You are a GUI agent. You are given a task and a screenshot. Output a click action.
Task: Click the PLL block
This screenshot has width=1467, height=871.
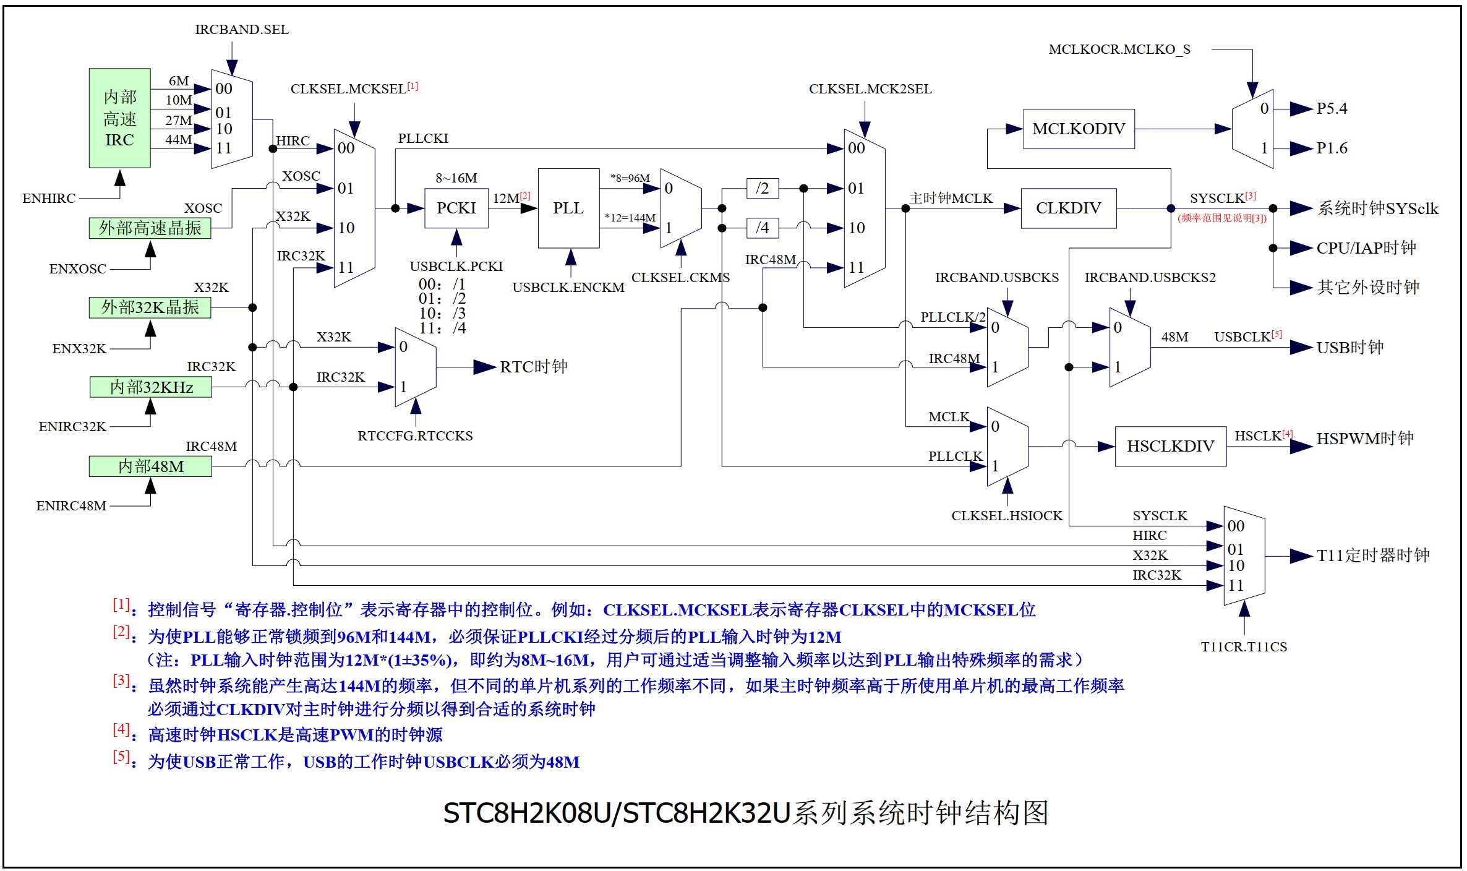point(568,208)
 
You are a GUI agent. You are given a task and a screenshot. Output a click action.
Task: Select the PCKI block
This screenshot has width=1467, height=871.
point(456,208)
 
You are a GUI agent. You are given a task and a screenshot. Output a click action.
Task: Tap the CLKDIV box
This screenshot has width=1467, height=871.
point(1068,208)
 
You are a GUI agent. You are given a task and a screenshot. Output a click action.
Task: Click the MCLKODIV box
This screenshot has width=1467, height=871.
point(1079,129)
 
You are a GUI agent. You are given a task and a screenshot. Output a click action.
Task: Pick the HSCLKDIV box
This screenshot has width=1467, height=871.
point(1170,446)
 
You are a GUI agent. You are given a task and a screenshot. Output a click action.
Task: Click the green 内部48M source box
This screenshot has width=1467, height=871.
point(150,466)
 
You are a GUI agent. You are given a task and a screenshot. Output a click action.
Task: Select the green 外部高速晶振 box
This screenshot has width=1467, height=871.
point(150,228)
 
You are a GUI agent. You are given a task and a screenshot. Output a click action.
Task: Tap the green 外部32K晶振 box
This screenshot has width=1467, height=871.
point(150,307)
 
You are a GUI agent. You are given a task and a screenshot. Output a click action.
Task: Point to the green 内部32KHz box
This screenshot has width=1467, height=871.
point(151,387)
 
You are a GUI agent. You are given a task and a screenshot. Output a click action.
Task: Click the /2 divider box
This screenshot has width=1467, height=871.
point(763,188)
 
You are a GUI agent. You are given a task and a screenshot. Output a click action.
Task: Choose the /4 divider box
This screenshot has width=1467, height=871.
point(763,228)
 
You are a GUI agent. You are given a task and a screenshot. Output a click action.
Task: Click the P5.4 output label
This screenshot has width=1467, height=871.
point(1332,109)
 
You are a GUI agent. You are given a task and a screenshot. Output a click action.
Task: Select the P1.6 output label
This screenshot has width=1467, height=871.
point(1332,148)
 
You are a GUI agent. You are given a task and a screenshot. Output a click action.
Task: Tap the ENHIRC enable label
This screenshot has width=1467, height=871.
point(49,199)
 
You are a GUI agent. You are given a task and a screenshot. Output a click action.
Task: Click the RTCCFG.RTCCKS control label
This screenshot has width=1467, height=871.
point(415,436)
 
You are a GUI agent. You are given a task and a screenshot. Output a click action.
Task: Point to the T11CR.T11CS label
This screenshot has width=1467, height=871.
point(1244,647)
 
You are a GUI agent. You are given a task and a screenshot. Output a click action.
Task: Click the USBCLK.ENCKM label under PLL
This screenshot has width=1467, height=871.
point(568,288)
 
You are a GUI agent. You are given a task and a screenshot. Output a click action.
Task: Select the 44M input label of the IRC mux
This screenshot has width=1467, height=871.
point(178,140)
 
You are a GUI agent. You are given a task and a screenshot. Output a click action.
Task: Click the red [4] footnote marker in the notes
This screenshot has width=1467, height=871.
point(121,729)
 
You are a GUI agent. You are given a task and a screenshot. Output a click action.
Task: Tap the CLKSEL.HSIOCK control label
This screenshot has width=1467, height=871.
point(1007,516)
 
